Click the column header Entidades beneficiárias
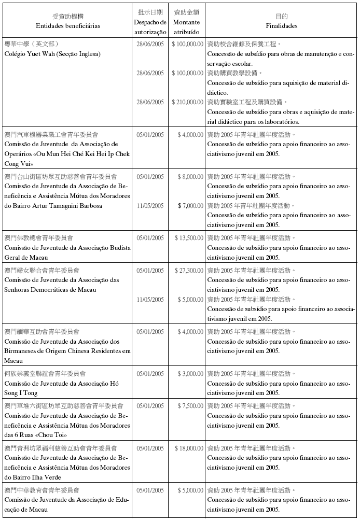click(x=68, y=25)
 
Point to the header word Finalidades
click(x=282, y=25)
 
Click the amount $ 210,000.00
click(x=188, y=102)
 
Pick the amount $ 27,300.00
click(x=189, y=271)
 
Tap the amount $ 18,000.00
click(x=189, y=448)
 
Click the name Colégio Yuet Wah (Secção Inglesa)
click(x=52, y=54)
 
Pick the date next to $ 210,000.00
click(x=150, y=102)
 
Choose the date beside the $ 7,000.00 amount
click(x=150, y=206)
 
